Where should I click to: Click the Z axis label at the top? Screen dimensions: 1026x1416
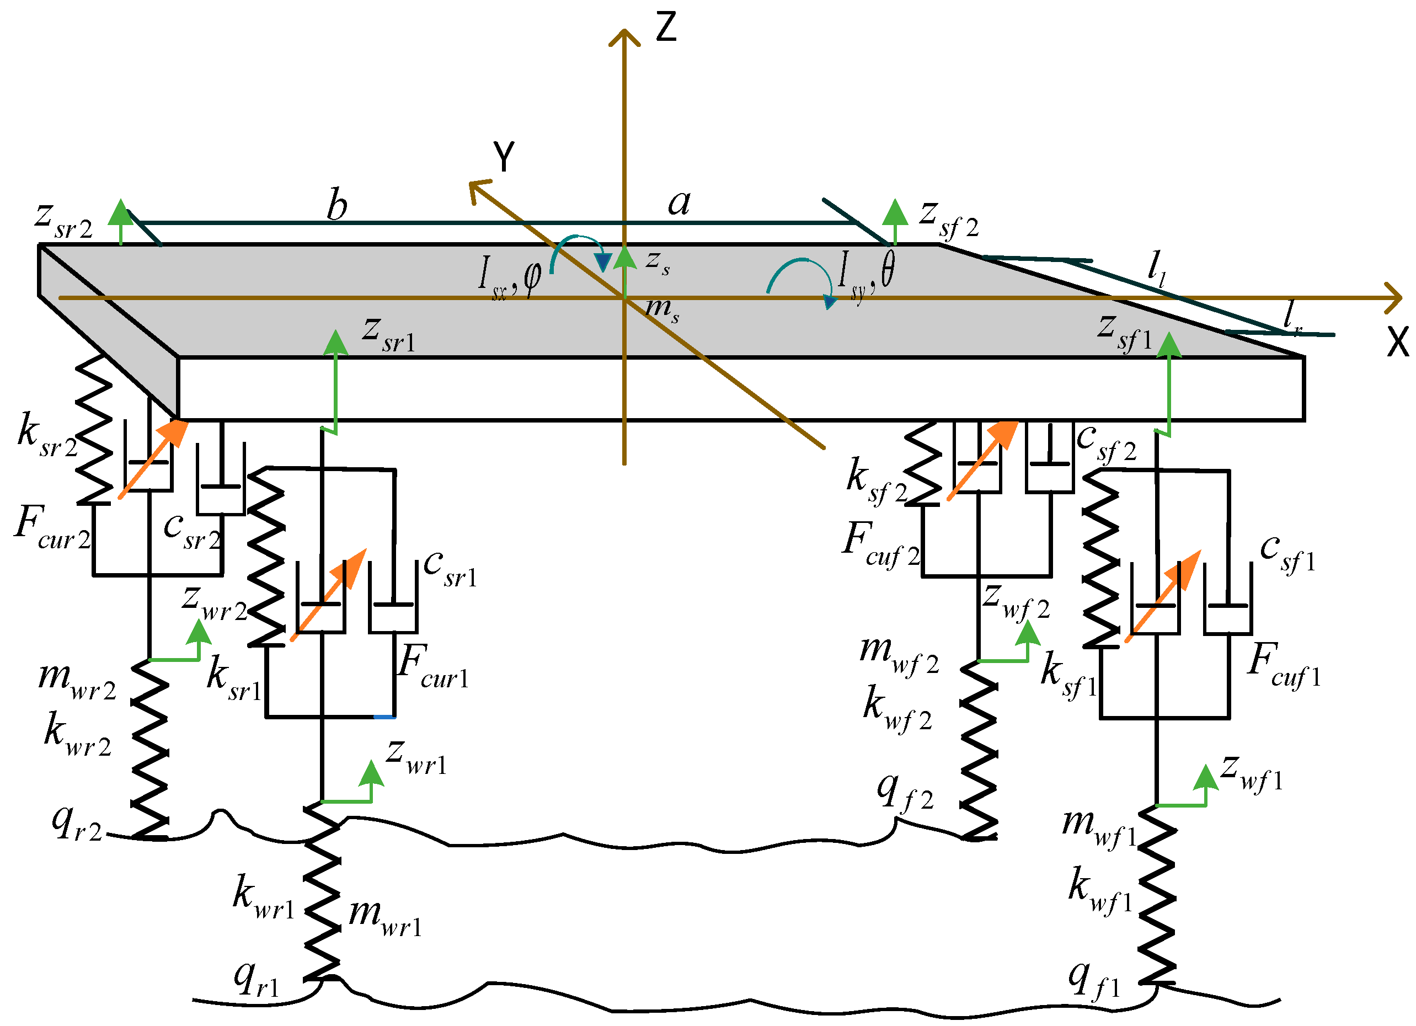point(666,28)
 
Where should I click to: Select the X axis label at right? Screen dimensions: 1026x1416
point(1397,342)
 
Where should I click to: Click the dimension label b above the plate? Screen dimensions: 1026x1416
point(337,205)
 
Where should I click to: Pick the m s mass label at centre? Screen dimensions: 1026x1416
point(662,308)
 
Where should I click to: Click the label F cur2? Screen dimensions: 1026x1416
point(53,528)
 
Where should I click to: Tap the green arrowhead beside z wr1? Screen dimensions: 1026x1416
point(371,774)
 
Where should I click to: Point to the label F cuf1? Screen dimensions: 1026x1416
point(1284,665)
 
